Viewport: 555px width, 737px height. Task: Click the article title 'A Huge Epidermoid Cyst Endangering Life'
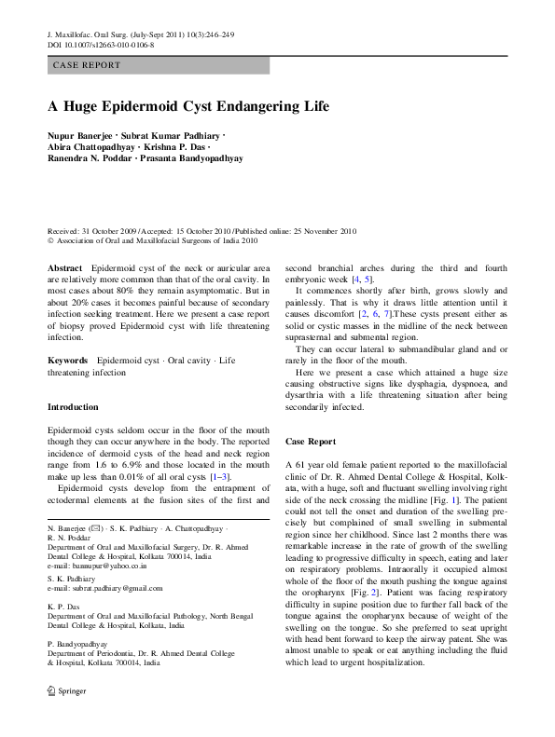[x=188, y=106]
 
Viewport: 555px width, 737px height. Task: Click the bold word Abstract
[x=64, y=267]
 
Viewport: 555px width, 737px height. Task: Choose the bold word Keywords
[x=68, y=359]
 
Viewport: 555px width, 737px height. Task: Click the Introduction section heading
[x=73, y=407]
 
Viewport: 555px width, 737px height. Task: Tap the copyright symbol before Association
[x=49, y=239]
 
